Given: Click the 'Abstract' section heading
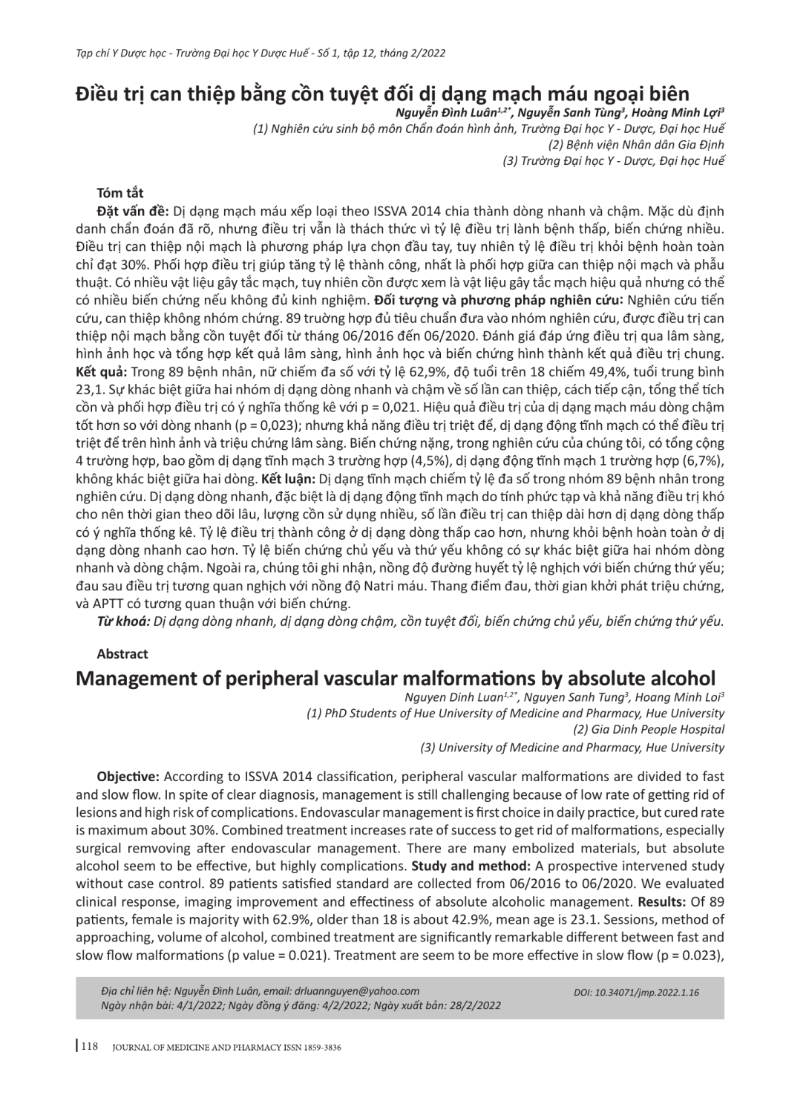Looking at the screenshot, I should click(122, 653).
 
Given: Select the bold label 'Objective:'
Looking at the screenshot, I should click(128, 777).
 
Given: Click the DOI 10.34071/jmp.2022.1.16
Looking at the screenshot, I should click(637, 992).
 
